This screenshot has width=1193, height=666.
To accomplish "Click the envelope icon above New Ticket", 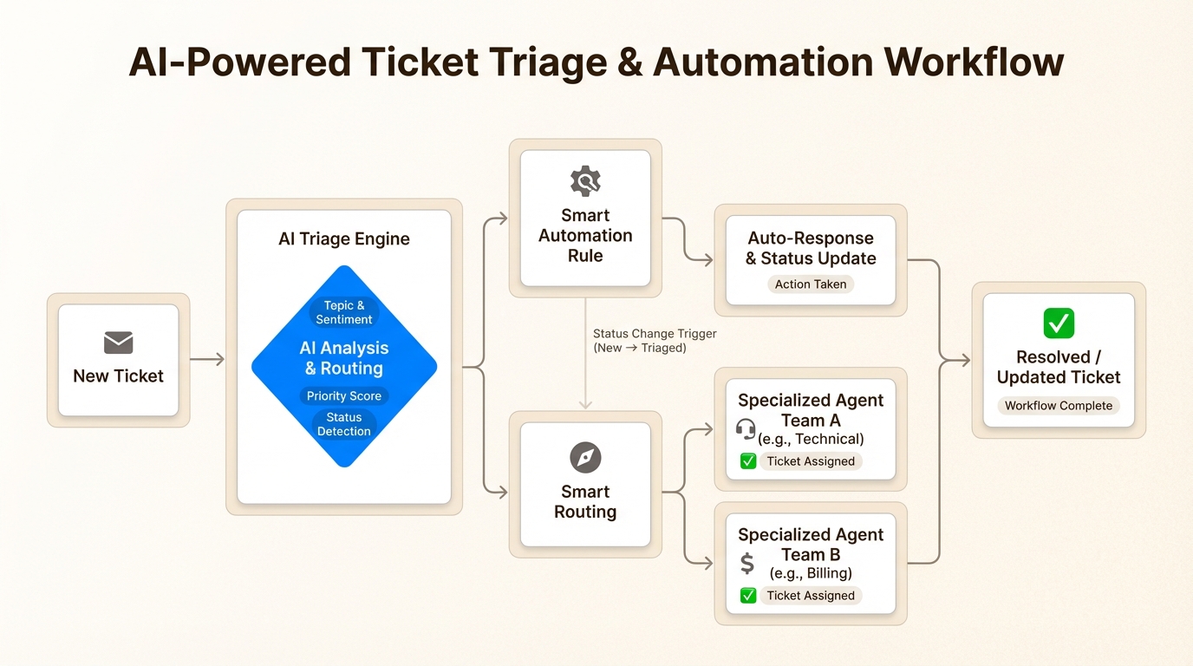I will pyautogui.click(x=118, y=343).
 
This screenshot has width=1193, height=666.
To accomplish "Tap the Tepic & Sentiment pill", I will pyautogui.click(x=344, y=312).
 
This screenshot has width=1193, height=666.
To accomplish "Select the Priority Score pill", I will pyautogui.click(x=344, y=395).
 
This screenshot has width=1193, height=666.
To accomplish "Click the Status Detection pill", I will pyautogui.click(x=344, y=424).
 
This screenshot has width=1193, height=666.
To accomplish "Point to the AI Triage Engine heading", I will pyautogui.click(x=344, y=238).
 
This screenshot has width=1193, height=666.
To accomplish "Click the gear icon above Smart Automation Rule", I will pyautogui.click(x=585, y=181).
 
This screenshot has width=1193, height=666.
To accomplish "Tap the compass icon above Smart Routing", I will pyautogui.click(x=585, y=457).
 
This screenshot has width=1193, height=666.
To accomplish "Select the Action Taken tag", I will pyautogui.click(x=811, y=284).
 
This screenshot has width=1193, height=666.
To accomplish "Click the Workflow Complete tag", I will pyautogui.click(x=1059, y=405).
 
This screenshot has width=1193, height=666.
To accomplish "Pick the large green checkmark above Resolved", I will pyautogui.click(x=1059, y=323).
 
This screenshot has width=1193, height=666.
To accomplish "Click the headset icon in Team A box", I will pyautogui.click(x=746, y=429).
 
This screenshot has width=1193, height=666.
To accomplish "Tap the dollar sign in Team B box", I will pyautogui.click(x=746, y=564).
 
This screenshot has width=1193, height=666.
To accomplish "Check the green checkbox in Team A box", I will pyautogui.click(x=748, y=461).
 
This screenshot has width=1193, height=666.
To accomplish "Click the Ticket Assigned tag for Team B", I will pyautogui.click(x=811, y=596).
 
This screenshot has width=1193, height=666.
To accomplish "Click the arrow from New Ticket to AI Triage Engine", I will pyautogui.click(x=207, y=359).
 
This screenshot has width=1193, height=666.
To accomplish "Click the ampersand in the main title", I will pyautogui.click(x=618, y=62).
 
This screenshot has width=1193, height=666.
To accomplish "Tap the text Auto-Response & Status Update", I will pyautogui.click(x=811, y=248).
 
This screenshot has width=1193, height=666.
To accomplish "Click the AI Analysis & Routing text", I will pyautogui.click(x=344, y=357).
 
